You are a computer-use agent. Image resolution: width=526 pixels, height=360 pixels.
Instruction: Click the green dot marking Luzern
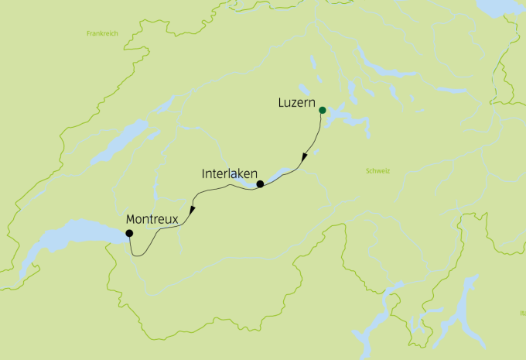tap(322, 110)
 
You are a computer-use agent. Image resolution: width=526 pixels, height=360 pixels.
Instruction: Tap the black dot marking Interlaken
tap(260, 184)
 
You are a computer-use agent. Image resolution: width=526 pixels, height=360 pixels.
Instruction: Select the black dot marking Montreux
tap(129, 233)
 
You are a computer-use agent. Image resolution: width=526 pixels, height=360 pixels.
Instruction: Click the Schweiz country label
tap(377, 170)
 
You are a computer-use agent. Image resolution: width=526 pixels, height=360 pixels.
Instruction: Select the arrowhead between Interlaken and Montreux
tap(191, 211)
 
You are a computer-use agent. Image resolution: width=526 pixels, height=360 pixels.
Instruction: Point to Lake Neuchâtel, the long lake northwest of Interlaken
tap(116, 143)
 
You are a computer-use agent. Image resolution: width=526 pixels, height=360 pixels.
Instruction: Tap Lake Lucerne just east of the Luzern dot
tap(344, 120)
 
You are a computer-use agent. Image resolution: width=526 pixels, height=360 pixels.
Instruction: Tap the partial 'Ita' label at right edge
tap(521, 313)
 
